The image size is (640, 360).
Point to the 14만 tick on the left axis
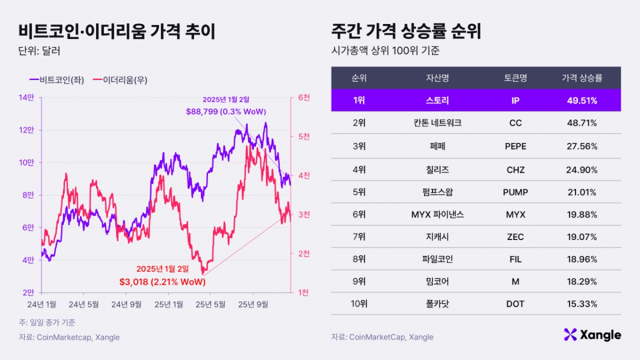pyautogui.click(x=27, y=98)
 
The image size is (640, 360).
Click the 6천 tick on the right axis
pyautogui.click(x=304, y=98)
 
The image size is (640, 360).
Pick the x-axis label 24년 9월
pyautogui.click(x=126, y=304)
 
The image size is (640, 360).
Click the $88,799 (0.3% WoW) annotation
pyautogui.click(x=226, y=111)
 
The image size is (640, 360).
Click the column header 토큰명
pyautogui.click(x=515, y=78)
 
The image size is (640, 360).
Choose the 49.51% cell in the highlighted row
pyautogui.click(x=582, y=100)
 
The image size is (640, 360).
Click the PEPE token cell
pyautogui.click(x=515, y=146)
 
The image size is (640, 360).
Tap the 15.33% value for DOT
pyautogui.click(x=582, y=304)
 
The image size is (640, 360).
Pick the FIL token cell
pyautogui.click(x=515, y=259)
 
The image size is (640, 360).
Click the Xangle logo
pyautogui.click(x=592, y=335)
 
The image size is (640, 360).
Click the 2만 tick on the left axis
pyautogui.click(x=28, y=292)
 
